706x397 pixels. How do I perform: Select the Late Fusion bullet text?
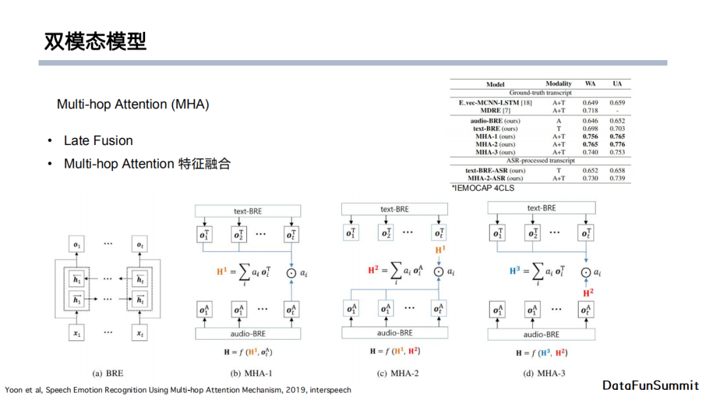(98, 140)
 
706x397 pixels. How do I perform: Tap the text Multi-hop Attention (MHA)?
(133, 104)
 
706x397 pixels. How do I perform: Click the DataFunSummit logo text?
(650, 385)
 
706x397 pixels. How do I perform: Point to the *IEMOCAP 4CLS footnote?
(482, 188)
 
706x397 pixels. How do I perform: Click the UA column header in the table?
(616, 84)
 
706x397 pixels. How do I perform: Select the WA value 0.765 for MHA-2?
(590, 144)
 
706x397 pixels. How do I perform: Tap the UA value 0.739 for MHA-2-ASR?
(616, 178)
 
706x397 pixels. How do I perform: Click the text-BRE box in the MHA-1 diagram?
(248, 211)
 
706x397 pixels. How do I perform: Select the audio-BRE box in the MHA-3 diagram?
(541, 334)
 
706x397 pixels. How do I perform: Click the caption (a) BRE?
(108, 373)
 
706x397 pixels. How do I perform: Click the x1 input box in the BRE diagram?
(78, 333)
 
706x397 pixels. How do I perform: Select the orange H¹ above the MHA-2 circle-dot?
(440, 251)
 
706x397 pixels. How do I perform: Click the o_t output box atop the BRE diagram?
(139, 246)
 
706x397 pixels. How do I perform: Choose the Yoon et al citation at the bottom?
(178, 390)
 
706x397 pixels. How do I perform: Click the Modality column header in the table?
(558, 84)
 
